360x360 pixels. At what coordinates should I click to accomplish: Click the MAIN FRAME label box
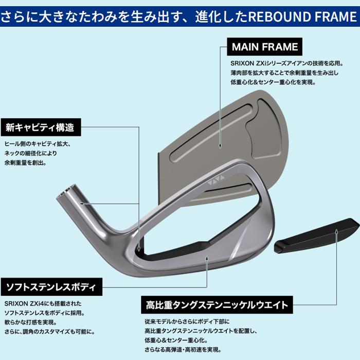[264, 47]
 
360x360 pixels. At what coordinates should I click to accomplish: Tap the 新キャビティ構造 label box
[41, 127]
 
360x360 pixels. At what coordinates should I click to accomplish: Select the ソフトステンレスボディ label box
[51, 287]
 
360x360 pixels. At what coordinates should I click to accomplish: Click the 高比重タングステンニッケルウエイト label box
[217, 305]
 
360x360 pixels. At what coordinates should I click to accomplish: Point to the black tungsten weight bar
[317, 236]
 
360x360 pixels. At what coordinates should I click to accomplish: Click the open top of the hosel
[66, 191]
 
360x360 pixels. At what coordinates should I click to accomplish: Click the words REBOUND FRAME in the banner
[303, 16]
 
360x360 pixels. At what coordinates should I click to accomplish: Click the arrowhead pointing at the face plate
[220, 146]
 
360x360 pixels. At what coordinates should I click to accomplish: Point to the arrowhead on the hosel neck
[81, 204]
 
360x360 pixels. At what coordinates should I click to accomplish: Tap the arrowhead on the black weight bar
[336, 231]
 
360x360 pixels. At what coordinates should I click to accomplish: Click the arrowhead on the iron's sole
[207, 259]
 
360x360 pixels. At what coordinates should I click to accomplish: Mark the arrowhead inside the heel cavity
[139, 248]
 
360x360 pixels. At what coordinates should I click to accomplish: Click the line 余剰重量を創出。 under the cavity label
[26, 163]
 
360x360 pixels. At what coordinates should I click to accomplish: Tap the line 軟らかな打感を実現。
[30, 322]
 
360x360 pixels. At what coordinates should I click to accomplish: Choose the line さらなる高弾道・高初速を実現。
[183, 350]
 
